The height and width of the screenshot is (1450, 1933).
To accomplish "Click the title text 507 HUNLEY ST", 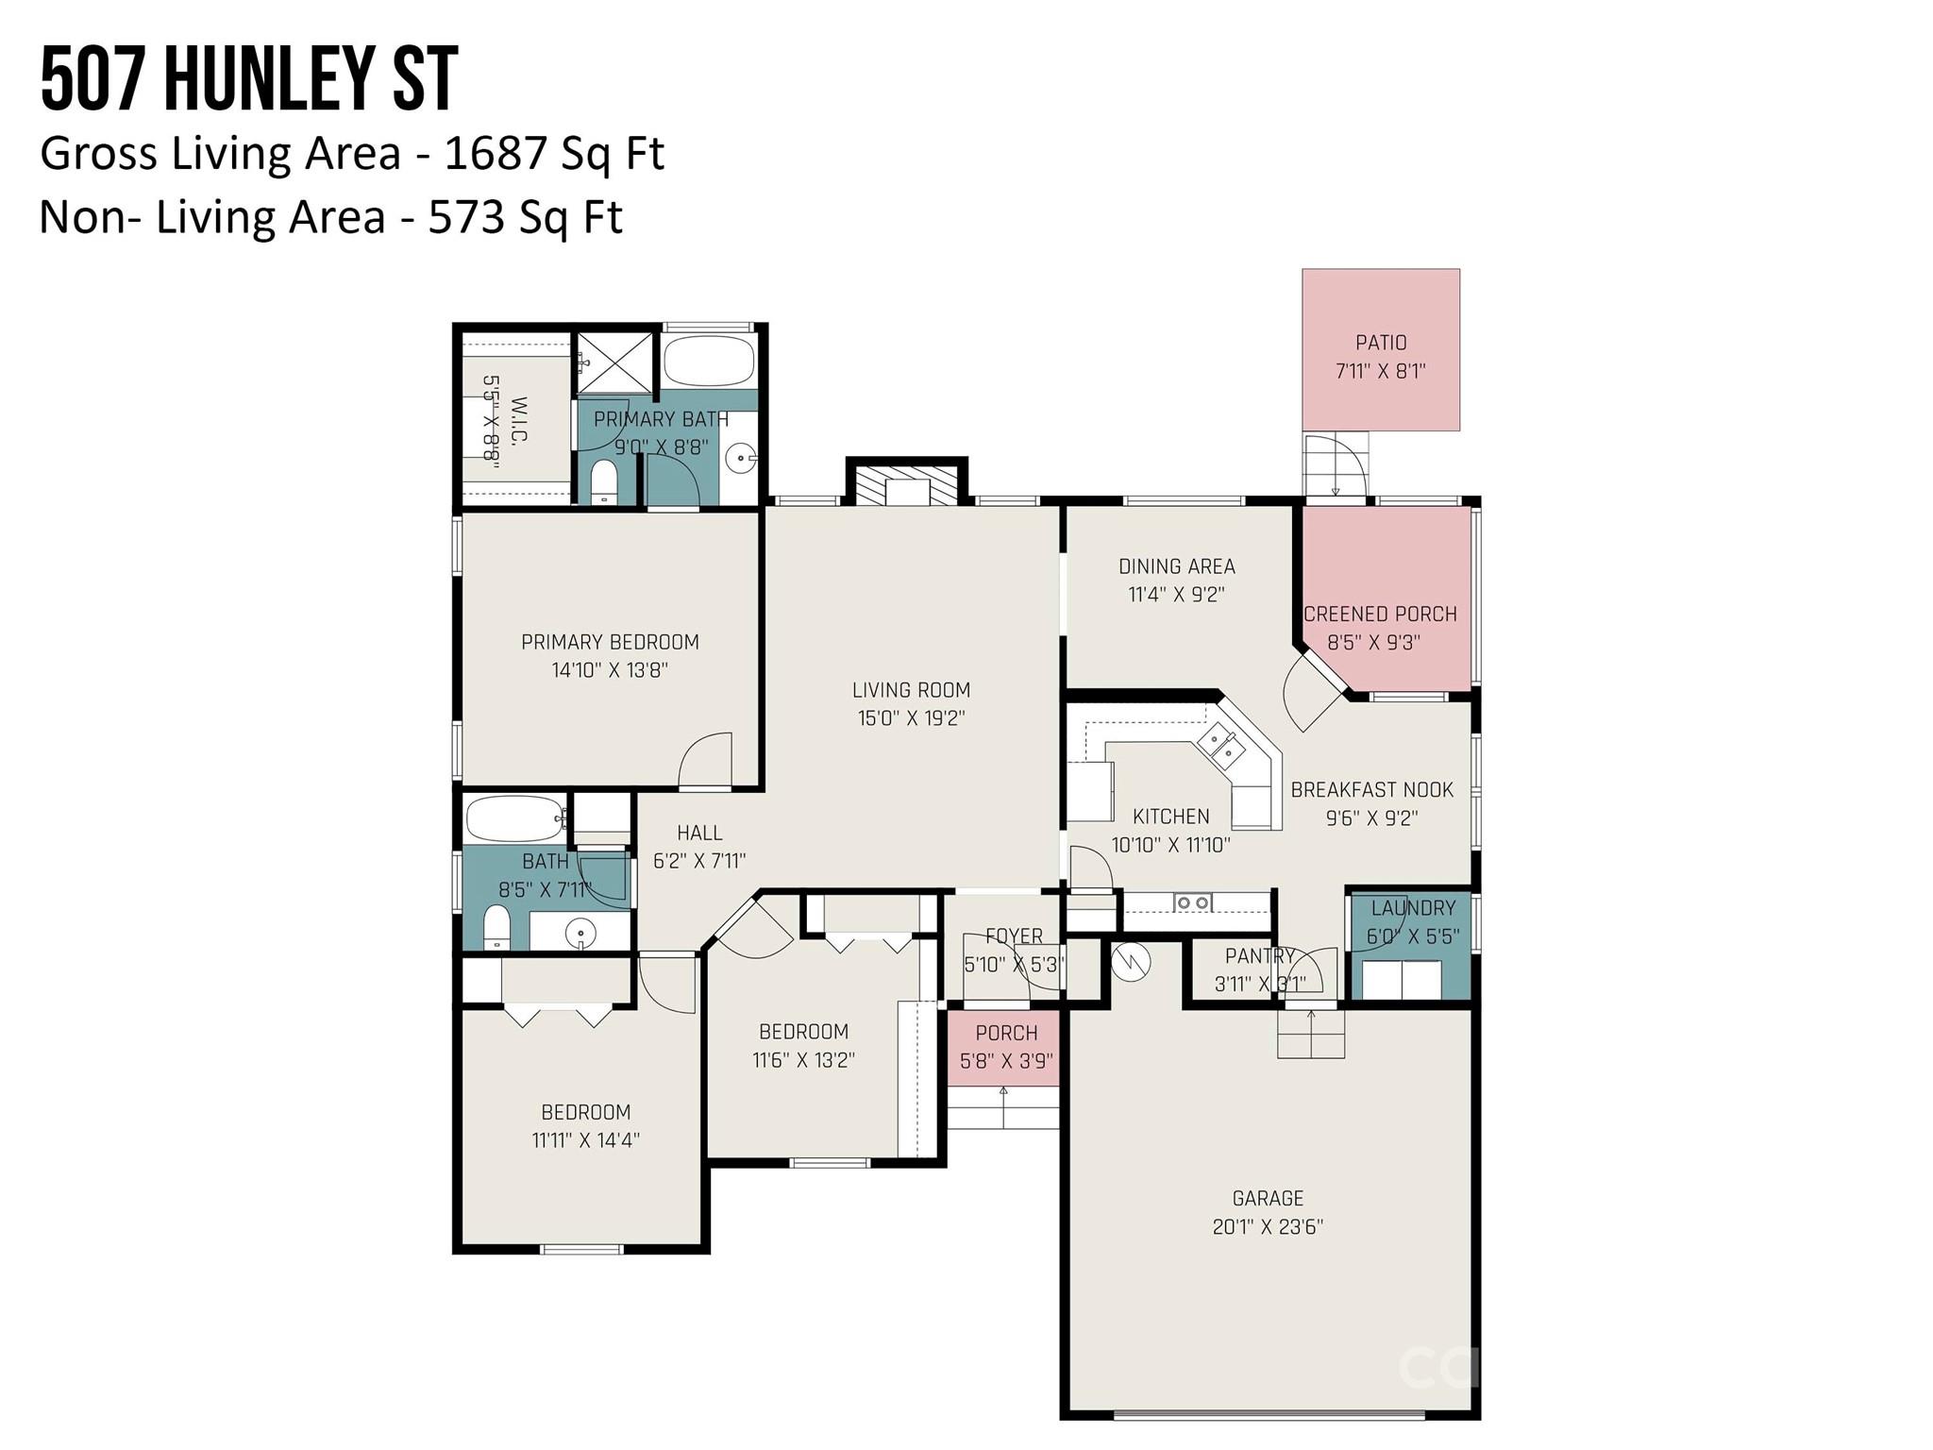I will click(x=249, y=80).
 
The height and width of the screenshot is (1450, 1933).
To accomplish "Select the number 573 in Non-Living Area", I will click(x=465, y=218).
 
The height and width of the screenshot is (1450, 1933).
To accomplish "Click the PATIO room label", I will click(x=1381, y=343).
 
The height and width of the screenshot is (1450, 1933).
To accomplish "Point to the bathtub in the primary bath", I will click(x=709, y=360).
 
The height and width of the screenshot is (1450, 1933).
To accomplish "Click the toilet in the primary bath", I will click(x=603, y=481).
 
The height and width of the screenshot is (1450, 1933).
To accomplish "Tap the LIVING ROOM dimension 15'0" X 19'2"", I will click(x=911, y=718).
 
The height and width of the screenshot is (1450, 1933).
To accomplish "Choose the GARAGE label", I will click(x=1268, y=1199).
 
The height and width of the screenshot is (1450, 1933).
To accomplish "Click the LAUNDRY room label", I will click(x=1413, y=908).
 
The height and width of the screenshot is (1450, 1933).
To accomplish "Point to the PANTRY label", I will click(x=1259, y=956).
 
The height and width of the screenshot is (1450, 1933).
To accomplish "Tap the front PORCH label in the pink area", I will click(x=1006, y=1033).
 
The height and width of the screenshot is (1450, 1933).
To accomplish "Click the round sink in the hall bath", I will click(x=580, y=934).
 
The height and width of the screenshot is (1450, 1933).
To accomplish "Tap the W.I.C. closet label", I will click(x=518, y=420).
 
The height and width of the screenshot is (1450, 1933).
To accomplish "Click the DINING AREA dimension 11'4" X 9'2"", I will click(x=1176, y=595).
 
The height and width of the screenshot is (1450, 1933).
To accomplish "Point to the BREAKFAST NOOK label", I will click(x=1371, y=790).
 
